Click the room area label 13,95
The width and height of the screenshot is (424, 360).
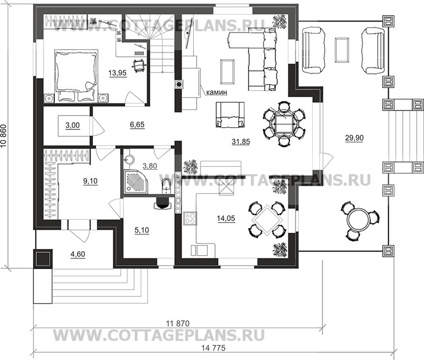(117, 73)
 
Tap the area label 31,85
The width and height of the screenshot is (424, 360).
(241, 141)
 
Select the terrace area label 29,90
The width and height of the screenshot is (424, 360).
(354, 138)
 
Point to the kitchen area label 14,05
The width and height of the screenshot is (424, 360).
(226, 218)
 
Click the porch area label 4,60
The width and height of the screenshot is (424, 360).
(78, 254)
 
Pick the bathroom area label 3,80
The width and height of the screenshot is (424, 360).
(150, 166)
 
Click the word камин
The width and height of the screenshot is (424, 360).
(217, 93)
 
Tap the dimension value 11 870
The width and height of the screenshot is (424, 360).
(178, 323)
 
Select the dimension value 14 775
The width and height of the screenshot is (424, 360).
(213, 348)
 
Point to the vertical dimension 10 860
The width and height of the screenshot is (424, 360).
(4, 136)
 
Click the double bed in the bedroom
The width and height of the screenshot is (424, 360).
(76, 75)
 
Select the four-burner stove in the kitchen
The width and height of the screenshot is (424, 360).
(190, 218)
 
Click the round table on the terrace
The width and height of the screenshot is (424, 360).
(358, 219)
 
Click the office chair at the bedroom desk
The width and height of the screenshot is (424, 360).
(139, 65)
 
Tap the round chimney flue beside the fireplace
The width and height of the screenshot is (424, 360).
(179, 84)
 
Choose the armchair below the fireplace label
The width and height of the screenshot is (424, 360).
(230, 114)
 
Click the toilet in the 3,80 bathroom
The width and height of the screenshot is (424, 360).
(166, 186)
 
